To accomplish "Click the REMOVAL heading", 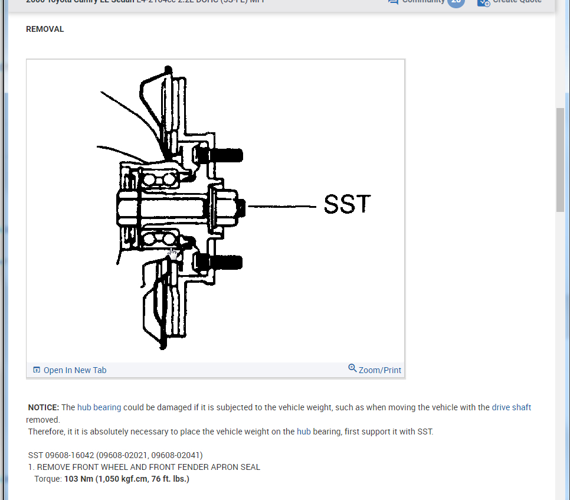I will [45, 29].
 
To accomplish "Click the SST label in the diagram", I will [348, 205].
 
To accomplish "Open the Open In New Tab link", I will [75, 370].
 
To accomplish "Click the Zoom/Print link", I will [379, 370].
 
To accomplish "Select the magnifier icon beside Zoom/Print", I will [352, 368].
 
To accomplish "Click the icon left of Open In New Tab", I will [37, 370].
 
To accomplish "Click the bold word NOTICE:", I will [44, 407].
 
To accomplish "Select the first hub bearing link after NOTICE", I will [99, 407].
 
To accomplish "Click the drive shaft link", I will [511, 407].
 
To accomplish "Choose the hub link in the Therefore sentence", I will [303, 432].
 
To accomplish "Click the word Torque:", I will [48, 479].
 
